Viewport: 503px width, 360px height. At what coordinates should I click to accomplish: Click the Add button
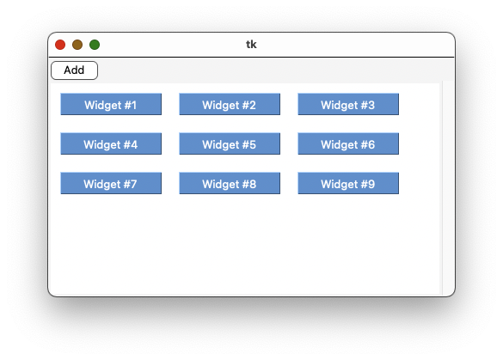75,70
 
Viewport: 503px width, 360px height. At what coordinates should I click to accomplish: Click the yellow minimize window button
77,45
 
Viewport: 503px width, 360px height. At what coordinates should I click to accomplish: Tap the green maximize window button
95,45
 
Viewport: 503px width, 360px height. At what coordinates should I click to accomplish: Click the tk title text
251,44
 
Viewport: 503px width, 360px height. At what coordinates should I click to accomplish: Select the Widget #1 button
111,104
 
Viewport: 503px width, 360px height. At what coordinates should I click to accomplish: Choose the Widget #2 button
230,104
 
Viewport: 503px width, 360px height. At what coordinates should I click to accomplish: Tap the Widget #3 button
348,104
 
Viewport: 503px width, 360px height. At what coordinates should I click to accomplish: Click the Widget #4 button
111,143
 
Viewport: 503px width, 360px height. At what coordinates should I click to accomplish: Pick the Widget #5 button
230,143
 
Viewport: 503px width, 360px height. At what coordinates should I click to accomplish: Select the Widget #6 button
348,143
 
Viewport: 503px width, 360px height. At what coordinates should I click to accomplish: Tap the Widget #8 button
230,183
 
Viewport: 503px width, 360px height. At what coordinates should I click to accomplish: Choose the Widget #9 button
348,183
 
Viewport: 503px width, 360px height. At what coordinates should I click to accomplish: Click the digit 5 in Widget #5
253,144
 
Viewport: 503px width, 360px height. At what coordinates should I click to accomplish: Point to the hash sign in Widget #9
364,184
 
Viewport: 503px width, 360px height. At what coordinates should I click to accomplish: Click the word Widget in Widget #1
102,106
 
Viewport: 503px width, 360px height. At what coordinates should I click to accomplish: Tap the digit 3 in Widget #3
371,105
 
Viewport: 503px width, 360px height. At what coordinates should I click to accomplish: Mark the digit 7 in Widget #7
133,184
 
